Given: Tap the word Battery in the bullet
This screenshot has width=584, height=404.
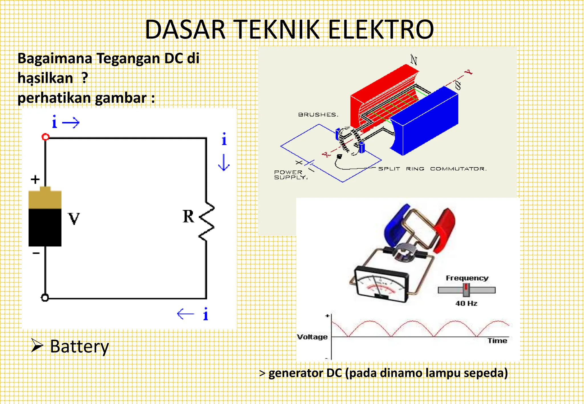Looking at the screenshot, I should click(x=80, y=347).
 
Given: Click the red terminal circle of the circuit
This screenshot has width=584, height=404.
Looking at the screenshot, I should click(x=45, y=137).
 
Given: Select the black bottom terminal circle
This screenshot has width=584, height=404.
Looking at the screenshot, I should click(x=45, y=298).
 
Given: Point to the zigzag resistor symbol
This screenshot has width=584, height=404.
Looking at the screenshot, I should click(x=207, y=222).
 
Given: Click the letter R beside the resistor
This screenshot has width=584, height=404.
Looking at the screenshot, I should click(x=188, y=216).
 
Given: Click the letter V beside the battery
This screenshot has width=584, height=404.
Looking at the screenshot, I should click(x=74, y=219).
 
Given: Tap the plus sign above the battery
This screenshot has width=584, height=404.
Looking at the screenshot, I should click(x=35, y=179).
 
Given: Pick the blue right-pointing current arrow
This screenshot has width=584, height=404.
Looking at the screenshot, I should click(x=71, y=123).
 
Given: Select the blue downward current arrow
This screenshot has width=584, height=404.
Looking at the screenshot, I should click(x=224, y=162).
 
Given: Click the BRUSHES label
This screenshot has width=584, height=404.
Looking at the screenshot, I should click(x=318, y=115).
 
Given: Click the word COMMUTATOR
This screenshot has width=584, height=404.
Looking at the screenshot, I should click(x=458, y=169).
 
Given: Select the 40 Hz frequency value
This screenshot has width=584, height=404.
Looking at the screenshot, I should click(x=466, y=303).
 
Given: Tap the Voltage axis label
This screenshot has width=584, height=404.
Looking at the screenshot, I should click(x=312, y=337).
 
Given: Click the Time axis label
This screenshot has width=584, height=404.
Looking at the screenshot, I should click(x=497, y=341).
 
